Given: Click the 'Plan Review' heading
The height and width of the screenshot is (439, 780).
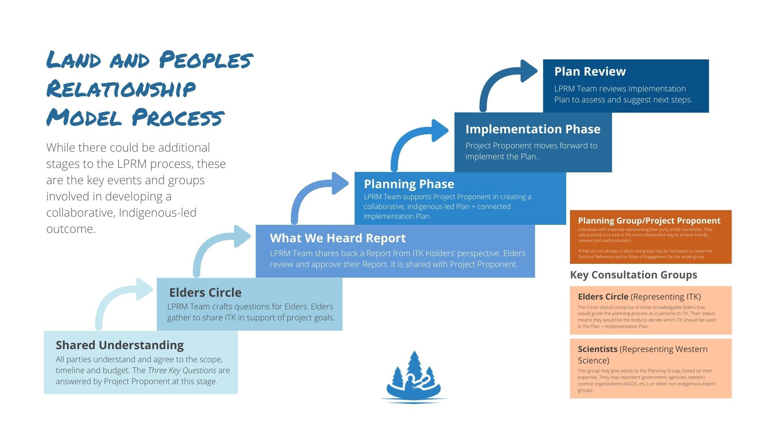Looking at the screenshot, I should pos(590,72).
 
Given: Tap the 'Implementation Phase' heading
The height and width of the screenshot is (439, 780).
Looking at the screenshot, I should pos(533,129).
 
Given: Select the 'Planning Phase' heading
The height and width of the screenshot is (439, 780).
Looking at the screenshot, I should pos(409,184).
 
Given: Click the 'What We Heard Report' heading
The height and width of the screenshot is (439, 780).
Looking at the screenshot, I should pos(338,238).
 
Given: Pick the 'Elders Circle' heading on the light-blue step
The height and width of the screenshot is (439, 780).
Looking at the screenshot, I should pos(205,293).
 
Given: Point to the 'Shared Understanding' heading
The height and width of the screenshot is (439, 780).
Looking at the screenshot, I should pos(119,345).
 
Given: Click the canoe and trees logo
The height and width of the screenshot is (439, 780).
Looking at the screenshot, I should pos(413,378).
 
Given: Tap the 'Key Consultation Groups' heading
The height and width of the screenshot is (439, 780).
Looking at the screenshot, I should pos(633,275).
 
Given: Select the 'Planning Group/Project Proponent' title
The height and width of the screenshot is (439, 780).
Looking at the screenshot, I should pos(649,221).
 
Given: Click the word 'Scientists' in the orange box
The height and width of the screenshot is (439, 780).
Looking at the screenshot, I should pos(598,349).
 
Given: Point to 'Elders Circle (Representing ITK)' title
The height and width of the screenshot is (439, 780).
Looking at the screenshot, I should pos(639,297).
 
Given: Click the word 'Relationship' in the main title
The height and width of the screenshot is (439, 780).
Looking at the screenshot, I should pos(121,89).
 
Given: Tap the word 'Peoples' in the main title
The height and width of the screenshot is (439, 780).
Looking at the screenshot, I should pos(206,60).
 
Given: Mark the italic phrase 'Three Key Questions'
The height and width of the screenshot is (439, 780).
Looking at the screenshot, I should pos(182,370).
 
